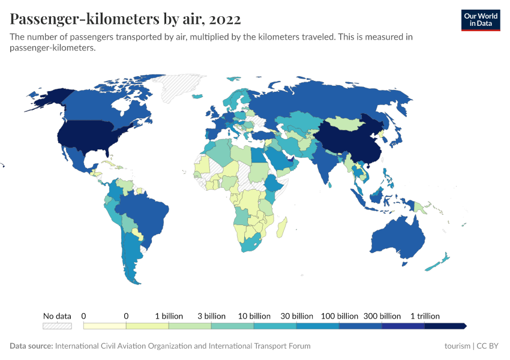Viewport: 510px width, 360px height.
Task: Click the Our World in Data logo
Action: click(480, 20)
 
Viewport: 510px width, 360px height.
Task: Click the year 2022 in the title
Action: click(223, 19)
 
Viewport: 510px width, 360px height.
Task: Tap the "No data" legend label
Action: click(57, 316)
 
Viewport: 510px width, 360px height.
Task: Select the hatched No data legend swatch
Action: click(57, 326)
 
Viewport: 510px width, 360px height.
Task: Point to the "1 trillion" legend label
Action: click(425, 316)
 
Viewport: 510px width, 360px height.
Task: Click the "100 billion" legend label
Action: click(340, 316)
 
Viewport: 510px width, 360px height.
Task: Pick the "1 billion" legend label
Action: click(169, 316)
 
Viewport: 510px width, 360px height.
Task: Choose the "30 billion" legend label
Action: click(296, 316)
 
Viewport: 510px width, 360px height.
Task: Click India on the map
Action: click(326, 163)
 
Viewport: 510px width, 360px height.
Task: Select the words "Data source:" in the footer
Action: click(31, 346)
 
